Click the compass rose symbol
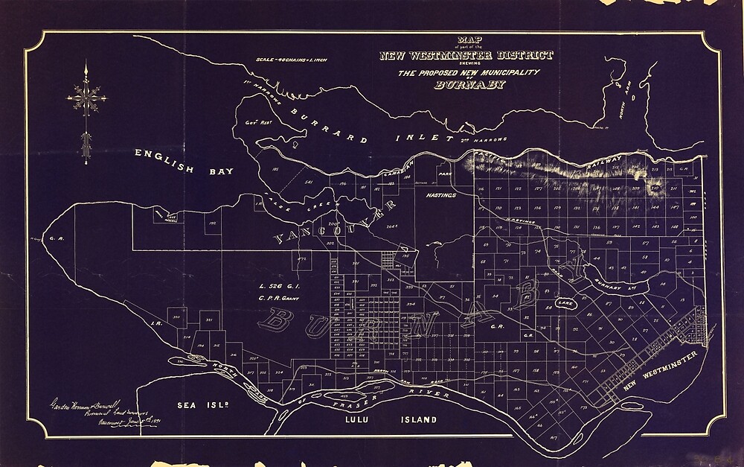(87, 96)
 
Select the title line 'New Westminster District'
(466, 55)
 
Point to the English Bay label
(184, 162)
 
